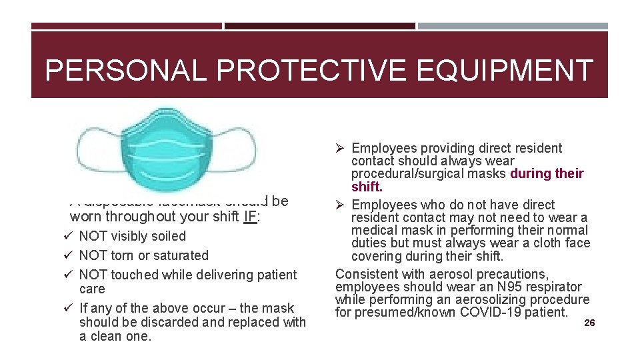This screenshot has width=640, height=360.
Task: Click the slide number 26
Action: (x=589, y=323)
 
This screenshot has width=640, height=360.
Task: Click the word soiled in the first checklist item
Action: (x=168, y=236)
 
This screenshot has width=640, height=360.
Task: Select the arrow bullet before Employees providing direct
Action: (x=341, y=148)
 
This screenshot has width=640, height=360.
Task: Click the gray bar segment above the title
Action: (x=513, y=27)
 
